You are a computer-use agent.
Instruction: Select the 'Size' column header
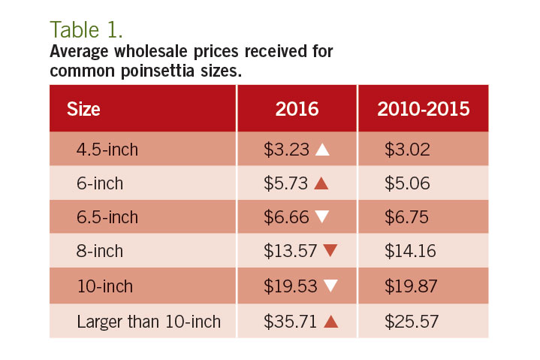coord(83,108)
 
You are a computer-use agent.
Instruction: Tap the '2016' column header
coord(297,108)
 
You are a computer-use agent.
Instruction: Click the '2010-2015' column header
coord(424,108)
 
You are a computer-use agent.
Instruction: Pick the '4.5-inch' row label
coord(107,150)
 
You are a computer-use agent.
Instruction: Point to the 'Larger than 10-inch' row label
coord(149,322)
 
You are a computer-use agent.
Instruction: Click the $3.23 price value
coord(287,150)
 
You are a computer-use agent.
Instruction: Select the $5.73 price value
coord(287,184)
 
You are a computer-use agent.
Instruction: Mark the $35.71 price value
coord(291,322)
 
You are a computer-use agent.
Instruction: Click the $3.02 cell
coord(407,150)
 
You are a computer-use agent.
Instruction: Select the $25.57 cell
coord(411,322)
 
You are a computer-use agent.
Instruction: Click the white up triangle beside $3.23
coord(322,150)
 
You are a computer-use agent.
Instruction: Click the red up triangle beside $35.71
coord(330,322)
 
